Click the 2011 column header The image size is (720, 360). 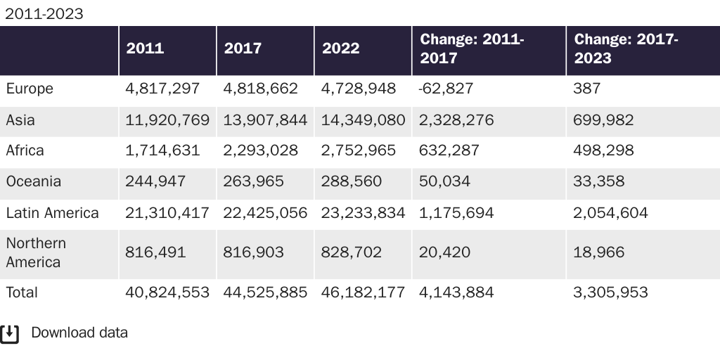point(145,49)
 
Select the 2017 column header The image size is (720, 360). point(243,49)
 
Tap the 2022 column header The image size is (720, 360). point(340,49)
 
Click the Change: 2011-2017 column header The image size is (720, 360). point(472,49)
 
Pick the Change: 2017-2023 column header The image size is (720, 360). point(626,49)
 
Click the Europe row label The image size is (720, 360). point(30,89)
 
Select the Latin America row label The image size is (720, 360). point(52,213)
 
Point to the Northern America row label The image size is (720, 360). point(36,252)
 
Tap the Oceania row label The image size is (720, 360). point(33,181)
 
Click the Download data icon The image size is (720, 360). point(10,333)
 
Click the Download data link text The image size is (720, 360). point(79,333)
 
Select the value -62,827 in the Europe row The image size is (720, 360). point(446,89)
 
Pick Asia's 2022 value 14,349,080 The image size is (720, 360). point(363,120)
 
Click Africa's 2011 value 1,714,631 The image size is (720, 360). point(162,150)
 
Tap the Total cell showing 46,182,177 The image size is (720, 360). point(363,292)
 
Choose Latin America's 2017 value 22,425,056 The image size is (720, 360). point(265,213)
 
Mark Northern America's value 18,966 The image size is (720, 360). point(598,252)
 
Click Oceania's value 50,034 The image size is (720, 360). point(445,181)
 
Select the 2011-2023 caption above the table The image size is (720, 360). point(44,13)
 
